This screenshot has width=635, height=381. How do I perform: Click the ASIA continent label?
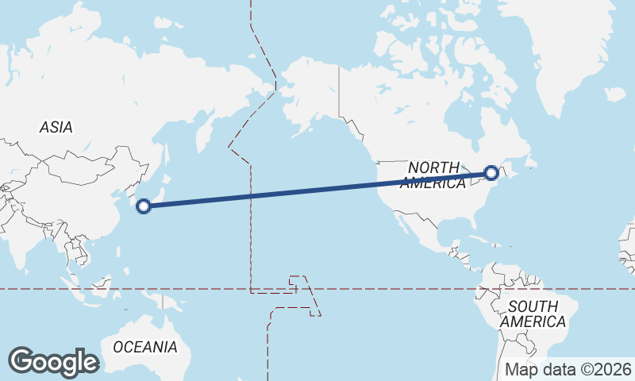tap(56, 127)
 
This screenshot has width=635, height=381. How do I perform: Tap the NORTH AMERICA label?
tap(433, 175)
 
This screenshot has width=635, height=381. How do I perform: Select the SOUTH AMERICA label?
tap(537, 314)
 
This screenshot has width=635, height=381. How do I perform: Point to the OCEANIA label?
tap(145, 347)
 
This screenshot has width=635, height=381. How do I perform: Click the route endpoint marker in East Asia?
tap(144, 207)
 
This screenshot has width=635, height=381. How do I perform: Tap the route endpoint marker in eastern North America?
tap(491, 172)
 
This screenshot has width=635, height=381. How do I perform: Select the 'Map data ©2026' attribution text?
tap(568, 369)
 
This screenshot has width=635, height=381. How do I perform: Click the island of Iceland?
tap(615, 94)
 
